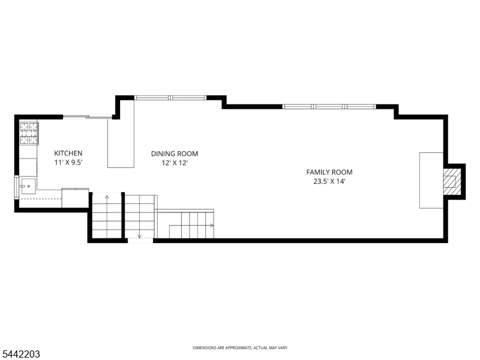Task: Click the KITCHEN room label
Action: tap(68, 153)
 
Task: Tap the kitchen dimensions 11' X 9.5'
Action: tap(68, 162)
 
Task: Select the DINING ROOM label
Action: tap(175, 154)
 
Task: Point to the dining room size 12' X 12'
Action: tap(175, 163)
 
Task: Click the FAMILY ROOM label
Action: tap(329, 172)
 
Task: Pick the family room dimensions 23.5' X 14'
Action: tap(329, 181)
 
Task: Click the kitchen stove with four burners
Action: tap(29, 133)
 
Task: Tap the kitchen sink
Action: tap(28, 186)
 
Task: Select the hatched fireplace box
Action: tap(452, 182)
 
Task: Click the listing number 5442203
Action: tap(20, 354)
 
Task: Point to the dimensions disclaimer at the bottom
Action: tap(240, 348)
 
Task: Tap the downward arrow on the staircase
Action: tap(140, 216)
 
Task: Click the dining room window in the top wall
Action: tap(170, 98)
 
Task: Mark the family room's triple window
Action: tap(329, 107)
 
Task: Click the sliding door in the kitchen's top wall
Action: tap(88, 116)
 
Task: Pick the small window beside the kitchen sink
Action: tap(17, 187)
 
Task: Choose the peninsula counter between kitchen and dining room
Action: tap(121, 134)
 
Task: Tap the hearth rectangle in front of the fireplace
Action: tap(431, 181)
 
